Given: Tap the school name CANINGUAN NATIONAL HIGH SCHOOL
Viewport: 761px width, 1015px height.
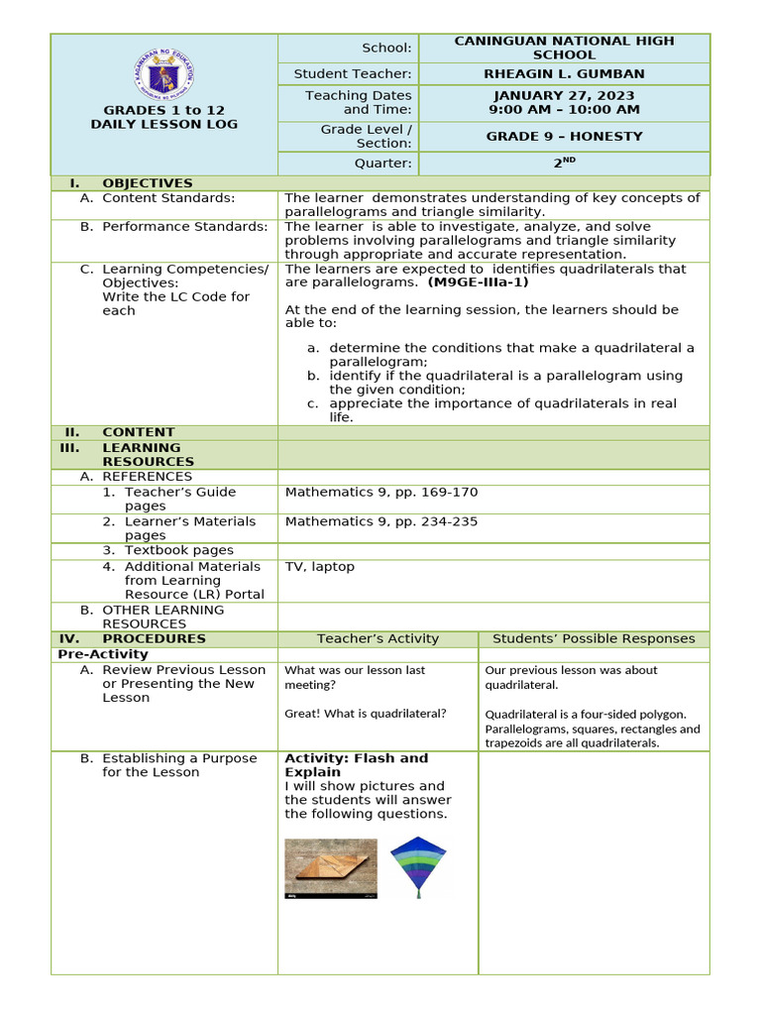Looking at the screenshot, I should click(563, 48).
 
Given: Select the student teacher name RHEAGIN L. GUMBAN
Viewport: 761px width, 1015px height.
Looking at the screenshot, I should click(563, 74).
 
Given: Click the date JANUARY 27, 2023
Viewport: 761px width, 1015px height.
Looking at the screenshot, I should click(563, 95).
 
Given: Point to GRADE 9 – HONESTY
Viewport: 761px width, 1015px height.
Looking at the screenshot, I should click(563, 137).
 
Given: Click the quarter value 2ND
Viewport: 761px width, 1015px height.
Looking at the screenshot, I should click(563, 163).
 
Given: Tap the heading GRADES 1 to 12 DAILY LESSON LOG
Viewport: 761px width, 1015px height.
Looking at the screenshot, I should click(163, 117).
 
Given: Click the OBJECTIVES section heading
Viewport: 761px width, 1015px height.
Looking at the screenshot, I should click(147, 183).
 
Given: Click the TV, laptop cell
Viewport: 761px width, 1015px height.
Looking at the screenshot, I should click(319, 567).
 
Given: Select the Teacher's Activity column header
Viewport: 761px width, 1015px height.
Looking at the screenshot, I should click(378, 639).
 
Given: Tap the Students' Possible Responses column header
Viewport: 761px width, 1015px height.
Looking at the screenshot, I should click(594, 639).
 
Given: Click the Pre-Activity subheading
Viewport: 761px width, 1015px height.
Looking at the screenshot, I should click(103, 654).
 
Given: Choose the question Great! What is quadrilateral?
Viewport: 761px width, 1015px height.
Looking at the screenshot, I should click(366, 714).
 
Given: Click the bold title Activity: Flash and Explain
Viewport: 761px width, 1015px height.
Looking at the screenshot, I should click(356, 765).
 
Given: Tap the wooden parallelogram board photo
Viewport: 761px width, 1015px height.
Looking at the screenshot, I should click(331, 868).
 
